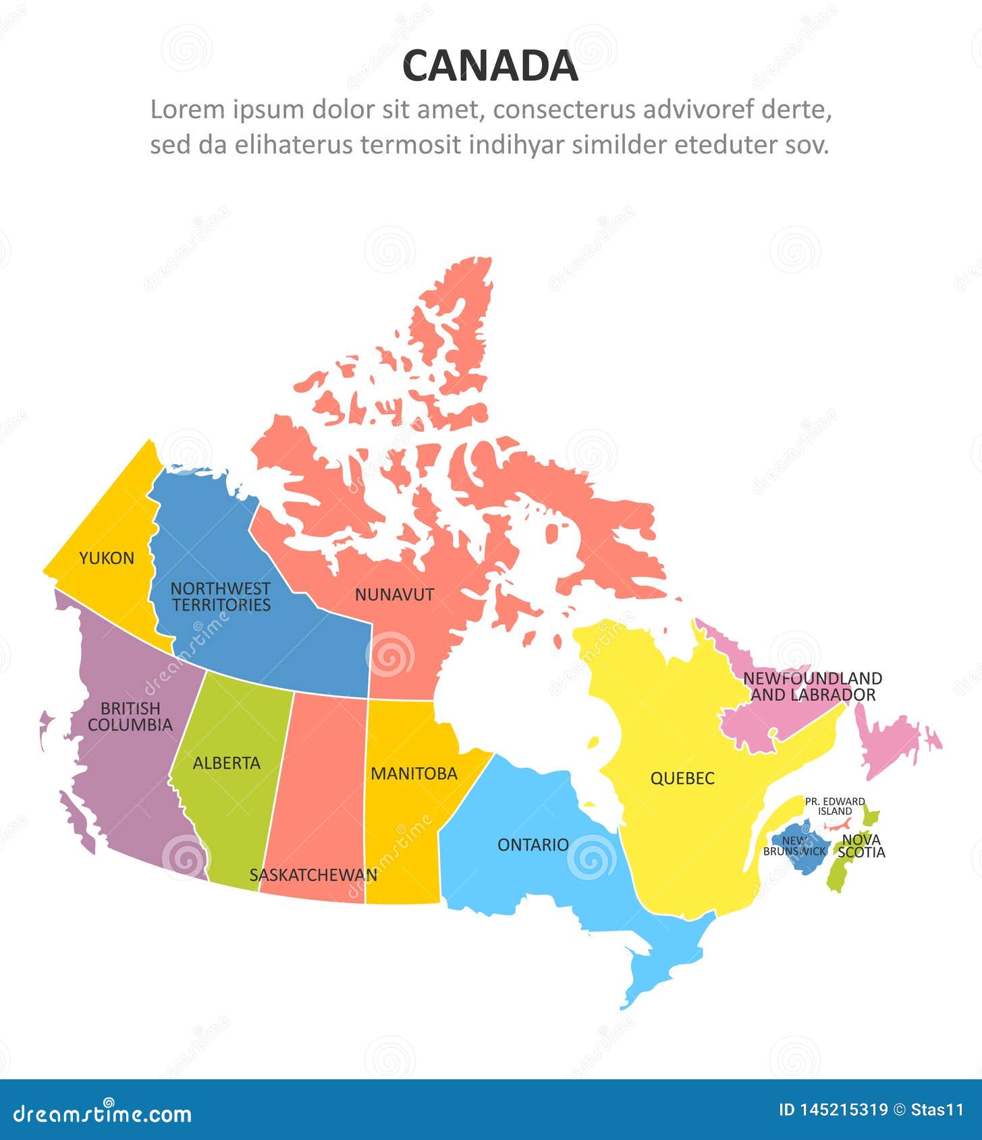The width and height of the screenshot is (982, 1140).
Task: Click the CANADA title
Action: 490,66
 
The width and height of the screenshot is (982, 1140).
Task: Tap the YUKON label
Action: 107,558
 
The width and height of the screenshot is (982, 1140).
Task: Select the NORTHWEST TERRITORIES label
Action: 221,597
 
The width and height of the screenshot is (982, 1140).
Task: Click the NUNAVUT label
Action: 394,594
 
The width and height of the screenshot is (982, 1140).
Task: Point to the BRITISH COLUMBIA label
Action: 130,716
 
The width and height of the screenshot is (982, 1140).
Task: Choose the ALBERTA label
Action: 226,763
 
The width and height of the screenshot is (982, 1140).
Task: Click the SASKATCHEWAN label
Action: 312,875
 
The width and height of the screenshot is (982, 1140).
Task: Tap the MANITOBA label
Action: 414,774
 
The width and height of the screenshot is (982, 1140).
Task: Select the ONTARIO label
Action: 533,845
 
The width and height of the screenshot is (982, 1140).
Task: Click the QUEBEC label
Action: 682,778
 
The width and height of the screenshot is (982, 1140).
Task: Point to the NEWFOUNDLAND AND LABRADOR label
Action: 813,687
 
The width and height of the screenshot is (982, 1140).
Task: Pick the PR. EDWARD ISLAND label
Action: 835,806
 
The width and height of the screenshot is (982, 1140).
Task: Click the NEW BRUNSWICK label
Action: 794,846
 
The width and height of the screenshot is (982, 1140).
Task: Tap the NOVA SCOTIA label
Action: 861,846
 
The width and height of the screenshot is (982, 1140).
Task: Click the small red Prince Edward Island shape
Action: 838,825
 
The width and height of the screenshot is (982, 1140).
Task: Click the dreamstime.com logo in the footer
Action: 103,1112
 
